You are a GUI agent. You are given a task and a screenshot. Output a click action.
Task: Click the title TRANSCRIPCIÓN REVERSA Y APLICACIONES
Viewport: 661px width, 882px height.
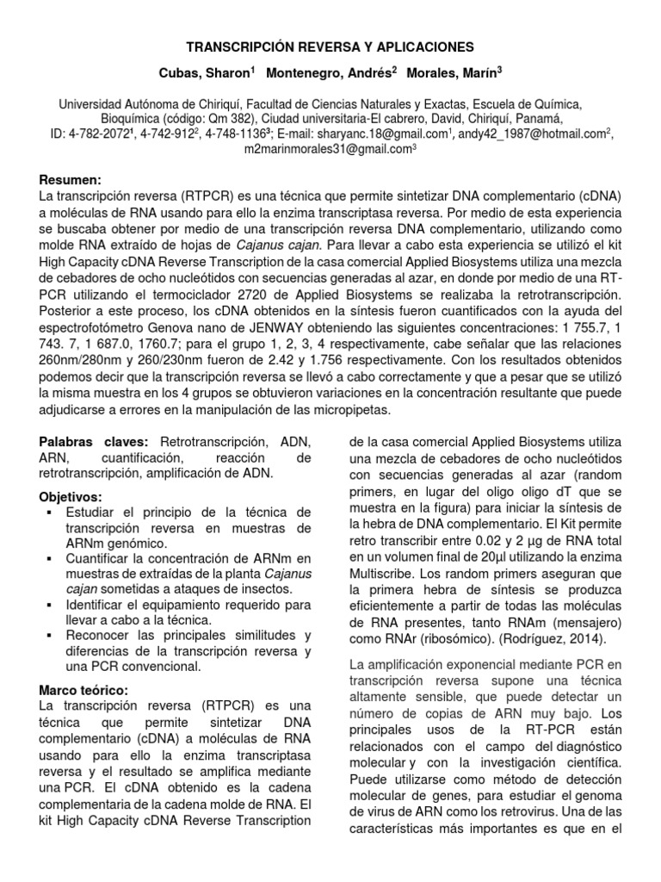331,46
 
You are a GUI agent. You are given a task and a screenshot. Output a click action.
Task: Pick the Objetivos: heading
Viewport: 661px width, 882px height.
71,498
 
